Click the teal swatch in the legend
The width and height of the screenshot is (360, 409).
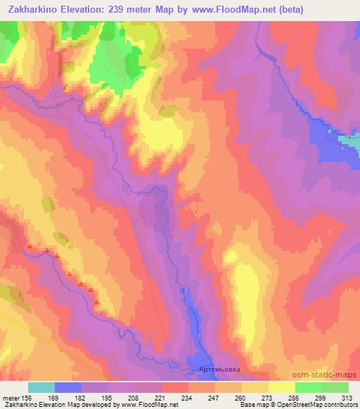tap(41, 387)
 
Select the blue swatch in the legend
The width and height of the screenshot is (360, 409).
tap(68, 387)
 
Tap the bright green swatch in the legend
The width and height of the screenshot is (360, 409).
tap(308, 387)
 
